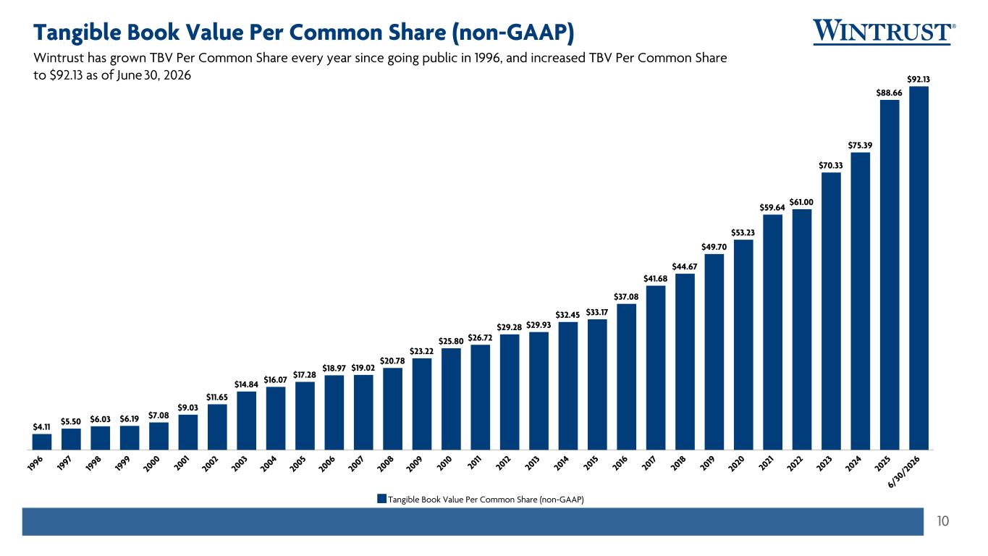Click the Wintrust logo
click(884, 32)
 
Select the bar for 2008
click(392, 408)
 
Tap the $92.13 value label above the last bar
click(919, 80)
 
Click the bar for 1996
click(42, 442)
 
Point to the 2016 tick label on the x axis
click(620, 464)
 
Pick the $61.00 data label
click(801, 202)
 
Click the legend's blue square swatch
click(382, 499)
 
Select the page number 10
click(942, 521)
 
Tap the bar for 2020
click(743, 345)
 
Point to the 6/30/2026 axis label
click(904, 472)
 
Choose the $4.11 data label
click(41, 426)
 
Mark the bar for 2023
click(831, 311)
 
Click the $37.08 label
click(626, 297)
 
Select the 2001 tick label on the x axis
click(182, 464)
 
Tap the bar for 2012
click(510, 392)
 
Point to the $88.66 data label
click(889, 93)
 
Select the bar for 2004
click(276, 418)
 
